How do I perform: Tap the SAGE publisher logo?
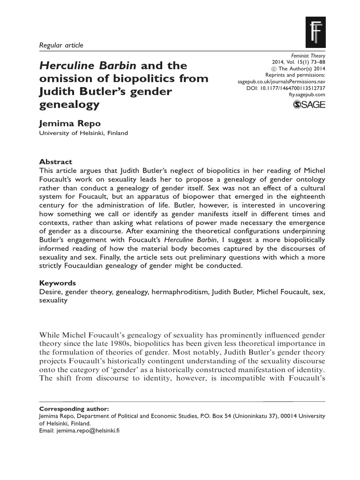[x=309, y=105]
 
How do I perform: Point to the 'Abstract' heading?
[x=55, y=161]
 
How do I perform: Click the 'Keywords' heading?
[x=57, y=284]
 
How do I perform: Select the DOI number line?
[x=285, y=88]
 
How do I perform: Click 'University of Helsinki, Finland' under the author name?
[x=82, y=133]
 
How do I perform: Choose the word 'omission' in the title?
[x=62, y=78]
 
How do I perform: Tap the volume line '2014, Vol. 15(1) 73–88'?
[x=299, y=61]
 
